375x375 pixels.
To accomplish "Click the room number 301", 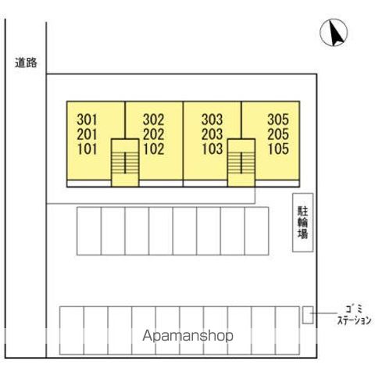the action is [x=87, y=120].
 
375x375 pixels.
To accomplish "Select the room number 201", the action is [x=87, y=134].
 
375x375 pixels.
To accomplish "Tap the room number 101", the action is [x=87, y=149].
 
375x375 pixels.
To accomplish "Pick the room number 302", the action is [x=153, y=120].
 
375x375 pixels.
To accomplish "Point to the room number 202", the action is [x=153, y=134].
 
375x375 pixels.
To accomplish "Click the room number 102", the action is [x=153, y=149].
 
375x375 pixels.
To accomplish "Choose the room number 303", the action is [x=212, y=120].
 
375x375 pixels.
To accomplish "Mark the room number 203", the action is [x=212, y=134].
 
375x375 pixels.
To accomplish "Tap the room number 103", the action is [x=212, y=149].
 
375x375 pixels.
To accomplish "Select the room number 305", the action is [x=278, y=120].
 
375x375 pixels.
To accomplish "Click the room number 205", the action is [x=278, y=134].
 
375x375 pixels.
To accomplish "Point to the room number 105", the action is [x=278, y=149].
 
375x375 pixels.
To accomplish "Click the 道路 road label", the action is [x=26, y=62].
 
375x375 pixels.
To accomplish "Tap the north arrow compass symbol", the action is [x=334, y=33].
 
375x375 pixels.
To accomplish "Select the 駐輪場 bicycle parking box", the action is [x=302, y=223].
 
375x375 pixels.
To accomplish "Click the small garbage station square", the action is [x=308, y=315].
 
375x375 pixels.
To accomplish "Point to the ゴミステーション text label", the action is [x=354, y=315].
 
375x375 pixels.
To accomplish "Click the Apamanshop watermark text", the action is [x=187, y=336].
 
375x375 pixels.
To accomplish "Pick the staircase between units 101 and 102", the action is [x=125, y=162].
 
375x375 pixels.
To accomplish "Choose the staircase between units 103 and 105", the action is [x=241, y=162].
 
